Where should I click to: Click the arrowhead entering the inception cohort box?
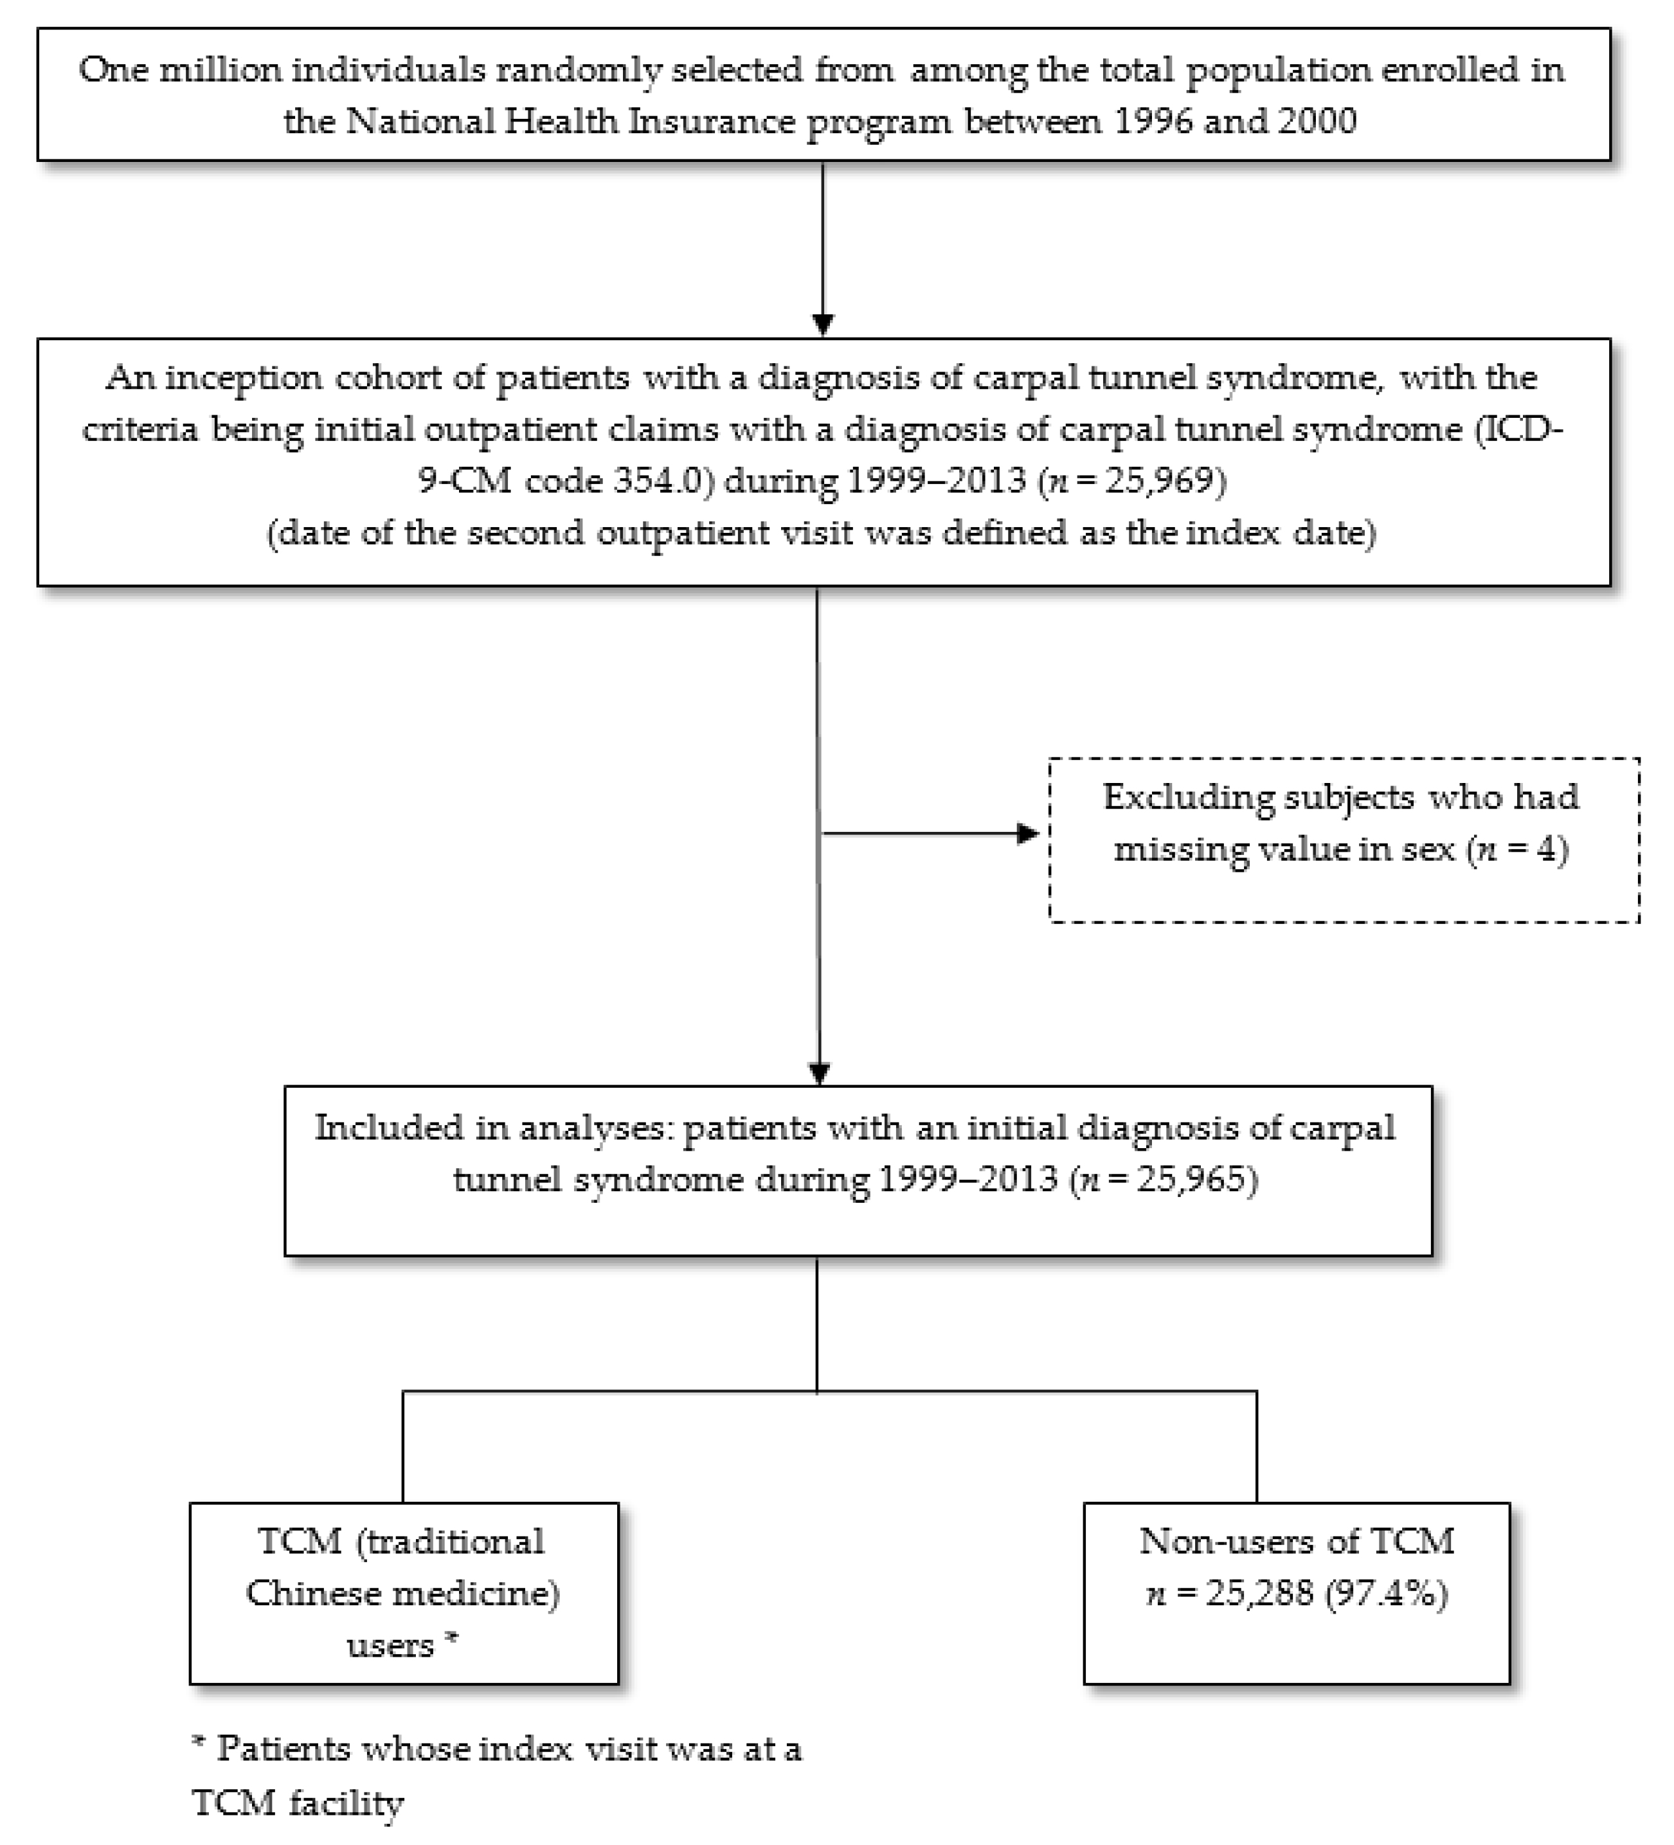tap(823, 326)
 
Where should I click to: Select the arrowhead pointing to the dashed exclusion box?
tap(1028, 834)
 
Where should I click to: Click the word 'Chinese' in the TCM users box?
tap(305, 1594)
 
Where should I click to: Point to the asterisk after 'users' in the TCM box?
tap(450, 1642)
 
